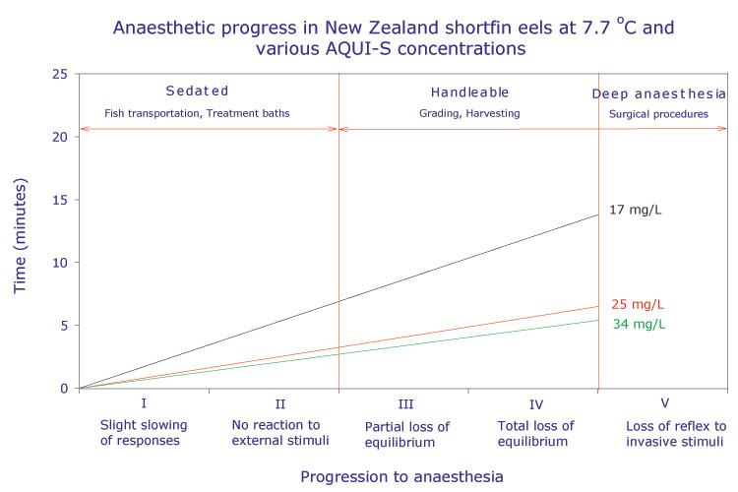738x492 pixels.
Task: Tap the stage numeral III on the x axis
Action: (403, 403)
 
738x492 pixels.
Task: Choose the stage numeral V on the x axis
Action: (663, 403)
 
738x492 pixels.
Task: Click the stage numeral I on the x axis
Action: (144, 403)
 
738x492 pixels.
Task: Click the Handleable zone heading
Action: (469, 92)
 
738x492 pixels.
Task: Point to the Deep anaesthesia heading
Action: (656, 93)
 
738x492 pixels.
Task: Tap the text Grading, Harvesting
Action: (468, 113)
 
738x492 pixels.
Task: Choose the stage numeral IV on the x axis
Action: (535, 403)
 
